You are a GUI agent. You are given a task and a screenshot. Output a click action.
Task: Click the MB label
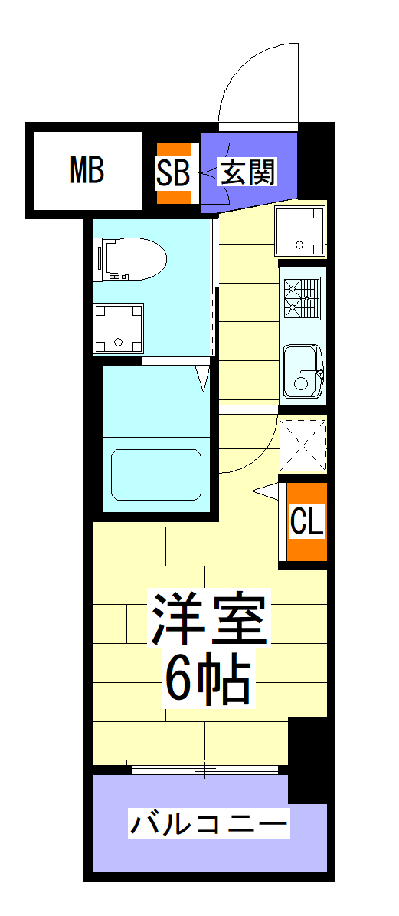pos(87,170)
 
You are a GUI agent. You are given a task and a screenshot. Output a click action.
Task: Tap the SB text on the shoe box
pos(173,172)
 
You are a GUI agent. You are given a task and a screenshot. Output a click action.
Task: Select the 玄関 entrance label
pos(247,172)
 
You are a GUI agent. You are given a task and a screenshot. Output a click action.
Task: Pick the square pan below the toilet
pos(118,328)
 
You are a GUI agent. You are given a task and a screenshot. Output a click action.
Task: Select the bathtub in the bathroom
pos(156,474)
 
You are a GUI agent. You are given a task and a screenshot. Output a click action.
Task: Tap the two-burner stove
pos(301,297)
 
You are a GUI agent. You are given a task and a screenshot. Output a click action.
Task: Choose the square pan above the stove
pos(301,231)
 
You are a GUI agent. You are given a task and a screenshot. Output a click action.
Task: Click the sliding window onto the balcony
pos(205,770)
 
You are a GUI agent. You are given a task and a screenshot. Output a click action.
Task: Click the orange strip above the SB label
pos(173,149)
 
